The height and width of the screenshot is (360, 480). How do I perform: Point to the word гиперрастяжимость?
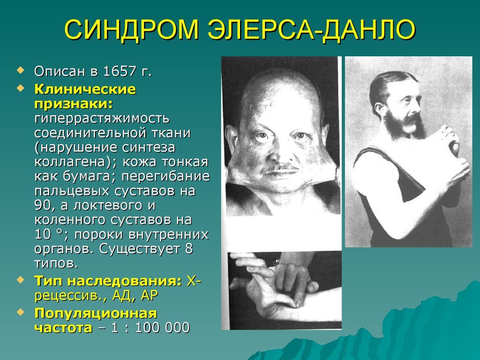[x=102, y=118]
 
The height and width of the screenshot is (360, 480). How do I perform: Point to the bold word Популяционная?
[x=95, y=313]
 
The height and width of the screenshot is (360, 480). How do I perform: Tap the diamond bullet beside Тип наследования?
[x=20, y=280]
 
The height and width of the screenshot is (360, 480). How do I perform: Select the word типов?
[x=56, y=263]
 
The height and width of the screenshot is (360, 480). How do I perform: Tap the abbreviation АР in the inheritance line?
[x=149, y=295]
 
